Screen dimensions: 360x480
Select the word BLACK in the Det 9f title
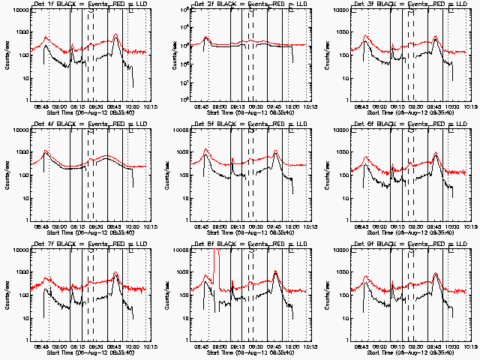tap(375, 244)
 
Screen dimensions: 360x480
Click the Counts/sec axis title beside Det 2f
tap(166, 55)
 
